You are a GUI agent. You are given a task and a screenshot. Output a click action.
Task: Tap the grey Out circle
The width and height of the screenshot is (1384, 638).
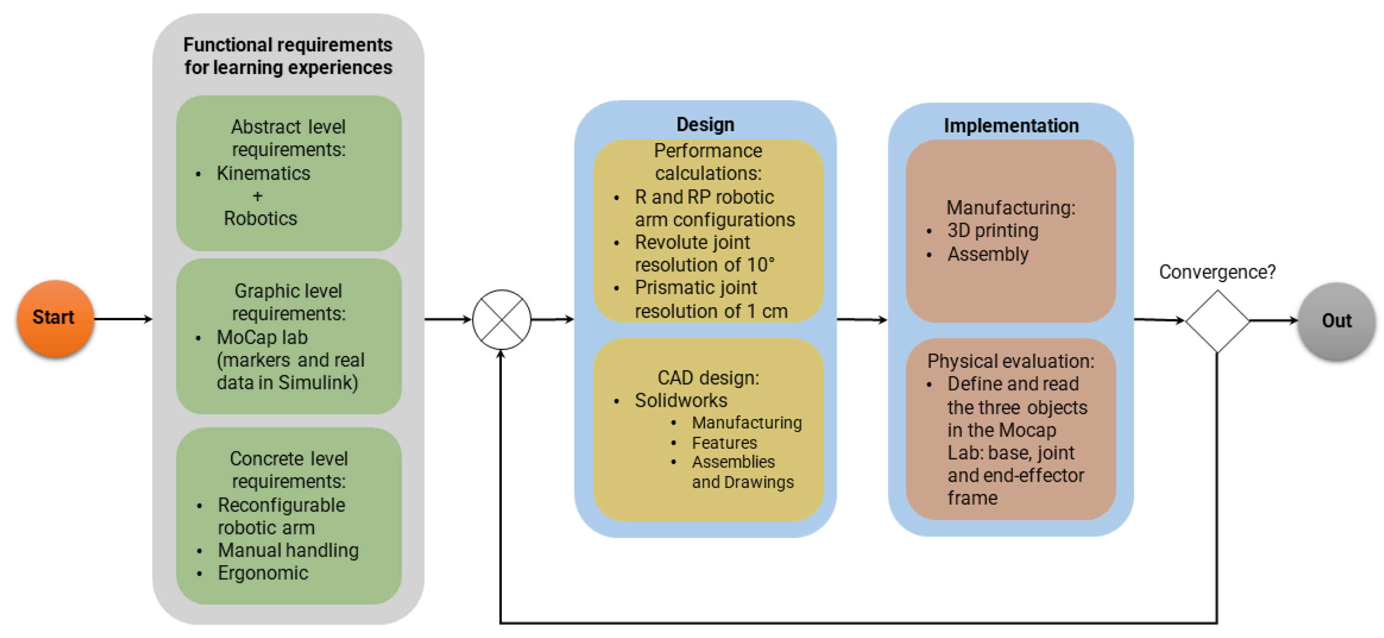click(x=1336, y=321)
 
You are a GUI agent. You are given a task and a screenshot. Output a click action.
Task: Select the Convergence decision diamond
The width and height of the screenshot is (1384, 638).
click(x=1216, y=321)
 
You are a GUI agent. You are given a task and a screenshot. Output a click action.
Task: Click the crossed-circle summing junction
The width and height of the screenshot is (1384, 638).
click(x=501, y=320)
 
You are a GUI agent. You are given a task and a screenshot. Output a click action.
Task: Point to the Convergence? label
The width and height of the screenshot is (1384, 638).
click(x=1216, y=272)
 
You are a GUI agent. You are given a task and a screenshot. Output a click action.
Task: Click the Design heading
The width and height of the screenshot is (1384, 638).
click(x=705, y=125)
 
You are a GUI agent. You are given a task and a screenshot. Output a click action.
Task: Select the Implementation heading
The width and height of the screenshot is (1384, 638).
click(x=1011, y=126)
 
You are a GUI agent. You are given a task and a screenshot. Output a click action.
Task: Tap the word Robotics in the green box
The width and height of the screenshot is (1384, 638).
click(x=260, y=219)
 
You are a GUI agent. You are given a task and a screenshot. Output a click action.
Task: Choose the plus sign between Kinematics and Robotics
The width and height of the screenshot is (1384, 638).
click(x=258, y=197)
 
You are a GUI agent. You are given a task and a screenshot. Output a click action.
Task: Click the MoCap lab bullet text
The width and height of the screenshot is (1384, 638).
click(x=262, y=338)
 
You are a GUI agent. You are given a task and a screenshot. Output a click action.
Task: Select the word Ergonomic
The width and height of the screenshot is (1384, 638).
click(x=263, y=573)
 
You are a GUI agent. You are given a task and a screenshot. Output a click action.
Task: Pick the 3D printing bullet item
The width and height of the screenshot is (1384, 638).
click(x=992, y=231)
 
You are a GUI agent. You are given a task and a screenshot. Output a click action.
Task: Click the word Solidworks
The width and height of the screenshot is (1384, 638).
click(x=681, y=401)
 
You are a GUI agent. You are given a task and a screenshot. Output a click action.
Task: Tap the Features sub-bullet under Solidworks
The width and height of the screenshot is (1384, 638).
click(x=724, y=443)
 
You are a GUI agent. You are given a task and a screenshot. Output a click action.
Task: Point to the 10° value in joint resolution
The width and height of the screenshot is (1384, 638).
click(x=760, y=265)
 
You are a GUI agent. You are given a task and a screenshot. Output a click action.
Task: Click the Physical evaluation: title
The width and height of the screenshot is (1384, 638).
click(x=1010, y=361)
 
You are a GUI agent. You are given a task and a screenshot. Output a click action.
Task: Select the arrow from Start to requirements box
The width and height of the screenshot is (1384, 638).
click(x=123, y=319)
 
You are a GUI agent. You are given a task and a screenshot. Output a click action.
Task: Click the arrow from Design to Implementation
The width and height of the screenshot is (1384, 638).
click(x=861, y=320)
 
